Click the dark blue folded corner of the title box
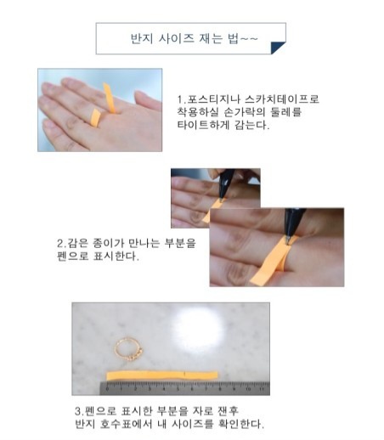coord(278,48)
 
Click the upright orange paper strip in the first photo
coord(110,98)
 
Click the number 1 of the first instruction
coord(180,99)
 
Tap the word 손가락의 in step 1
coord(245,112)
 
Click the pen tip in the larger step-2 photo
coord(288,241)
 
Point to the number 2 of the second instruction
coord(60,244)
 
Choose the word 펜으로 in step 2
coord(72,256)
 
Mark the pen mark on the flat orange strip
coord(184,375)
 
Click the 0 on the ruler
coord(107,389)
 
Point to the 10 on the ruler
coord(248,389)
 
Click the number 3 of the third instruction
coord(78,411)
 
